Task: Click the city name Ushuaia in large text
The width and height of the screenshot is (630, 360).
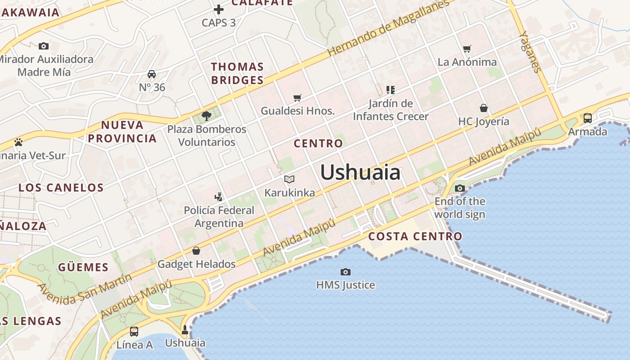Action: pyautogui.click(x=360, y=173)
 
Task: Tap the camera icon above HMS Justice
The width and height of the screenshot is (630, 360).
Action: pyautogui.click(x=345, y=272)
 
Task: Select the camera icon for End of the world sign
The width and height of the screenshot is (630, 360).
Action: pyautogui.click(x=459, y=189)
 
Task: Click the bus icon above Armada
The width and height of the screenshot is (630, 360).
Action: pyautogui.click(x=587, y=118)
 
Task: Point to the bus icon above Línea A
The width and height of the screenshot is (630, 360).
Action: pyautogui.click(x=134, y=332)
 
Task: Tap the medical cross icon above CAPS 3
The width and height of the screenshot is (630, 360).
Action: pyautogui.click(x=218, y=9)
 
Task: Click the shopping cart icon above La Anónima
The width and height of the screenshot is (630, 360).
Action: pyautogui.click(x=467, y=49)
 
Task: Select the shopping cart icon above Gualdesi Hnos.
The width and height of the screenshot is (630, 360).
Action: pyautogui.click(x=297, y=98)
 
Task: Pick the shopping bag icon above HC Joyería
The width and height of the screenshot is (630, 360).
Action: pyautogui.click(x=484, y=108)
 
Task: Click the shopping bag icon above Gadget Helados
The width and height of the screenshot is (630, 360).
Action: pyautogui.click(x=196, y=251)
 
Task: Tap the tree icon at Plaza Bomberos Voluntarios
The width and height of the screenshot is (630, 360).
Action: pyautogui.click(x=207, y=116)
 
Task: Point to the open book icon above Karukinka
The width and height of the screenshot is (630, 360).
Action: pyautogui.click(x=289, y=180)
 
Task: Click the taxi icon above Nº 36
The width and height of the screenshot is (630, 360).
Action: pyautogui.click(x=152, y=74)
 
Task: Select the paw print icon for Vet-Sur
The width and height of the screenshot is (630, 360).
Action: pyautogui.click(x=18, y=142)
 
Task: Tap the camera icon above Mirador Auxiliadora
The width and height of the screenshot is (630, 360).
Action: pyautogui.click(x=44, y=46)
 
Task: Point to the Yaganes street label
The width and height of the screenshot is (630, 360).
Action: pyautogui.click(x=530, y=51)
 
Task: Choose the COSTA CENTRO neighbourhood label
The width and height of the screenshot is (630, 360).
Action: pyautogui.click(x=415, y=236)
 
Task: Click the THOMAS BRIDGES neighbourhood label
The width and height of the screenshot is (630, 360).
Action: pyautogui.click(x=237, y=73)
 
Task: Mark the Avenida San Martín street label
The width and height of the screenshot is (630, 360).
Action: pyautogui.click(x=85, y=288)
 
